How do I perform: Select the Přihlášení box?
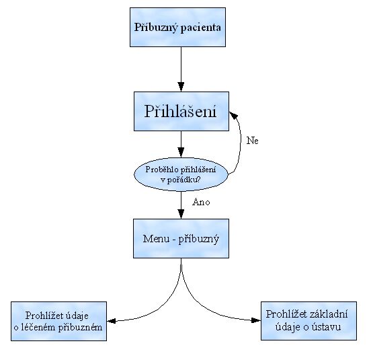click(x=180, y=111)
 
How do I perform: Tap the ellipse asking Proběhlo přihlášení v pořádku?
click(x=181, y=174)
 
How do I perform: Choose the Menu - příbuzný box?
click(x=181, y=238)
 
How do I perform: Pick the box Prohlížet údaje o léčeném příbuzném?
click(x=58, y=321)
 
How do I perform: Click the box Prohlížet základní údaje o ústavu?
click(x=307, y=320)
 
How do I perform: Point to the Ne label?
click(x=252, y=141)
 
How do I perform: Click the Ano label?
click(x=201, y=202)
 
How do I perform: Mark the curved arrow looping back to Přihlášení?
click(x=240, y=145)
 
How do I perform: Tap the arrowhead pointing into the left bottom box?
click(x=111, y=320)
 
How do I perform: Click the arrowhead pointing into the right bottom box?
click(x=255, y=320)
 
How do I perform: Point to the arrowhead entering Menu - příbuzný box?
click(x=181, y=213)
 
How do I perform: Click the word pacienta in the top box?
click(x=202, y=28)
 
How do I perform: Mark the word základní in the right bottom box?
click(x=327, y=314)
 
